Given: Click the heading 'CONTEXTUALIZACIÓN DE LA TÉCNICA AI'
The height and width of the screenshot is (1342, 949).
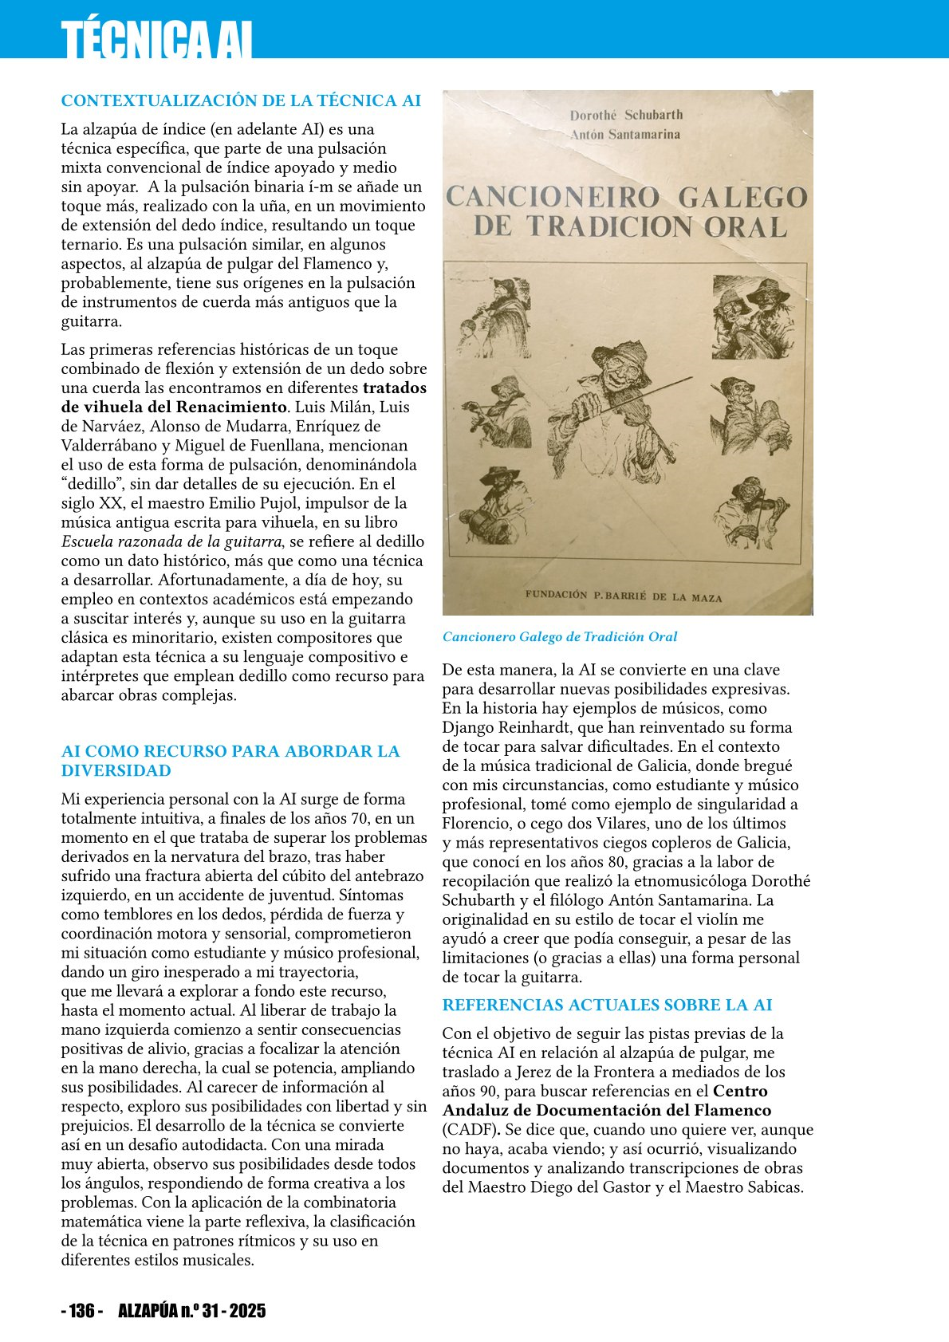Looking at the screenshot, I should coord(241,101).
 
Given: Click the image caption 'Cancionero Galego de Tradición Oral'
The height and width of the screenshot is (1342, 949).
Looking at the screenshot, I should coord(560,637).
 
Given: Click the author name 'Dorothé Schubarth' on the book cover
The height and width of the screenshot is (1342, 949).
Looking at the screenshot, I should coord(626,115).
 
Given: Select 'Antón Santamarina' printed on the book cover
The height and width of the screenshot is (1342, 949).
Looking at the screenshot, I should coord(625,135).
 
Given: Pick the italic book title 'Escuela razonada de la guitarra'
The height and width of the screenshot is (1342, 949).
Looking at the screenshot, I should coord(171,541).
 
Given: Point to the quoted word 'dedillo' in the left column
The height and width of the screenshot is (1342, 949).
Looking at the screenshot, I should coord(90,484).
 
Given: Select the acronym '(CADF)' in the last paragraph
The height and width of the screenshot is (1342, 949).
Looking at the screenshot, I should coord(471,1130).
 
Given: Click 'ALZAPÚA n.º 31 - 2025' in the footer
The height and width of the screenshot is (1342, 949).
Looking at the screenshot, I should coord(191,1311).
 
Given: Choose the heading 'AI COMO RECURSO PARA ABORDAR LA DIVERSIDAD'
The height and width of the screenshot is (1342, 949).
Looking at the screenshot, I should coord(230,761).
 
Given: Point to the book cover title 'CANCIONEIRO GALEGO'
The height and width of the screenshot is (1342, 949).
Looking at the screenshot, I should coord(627,197).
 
